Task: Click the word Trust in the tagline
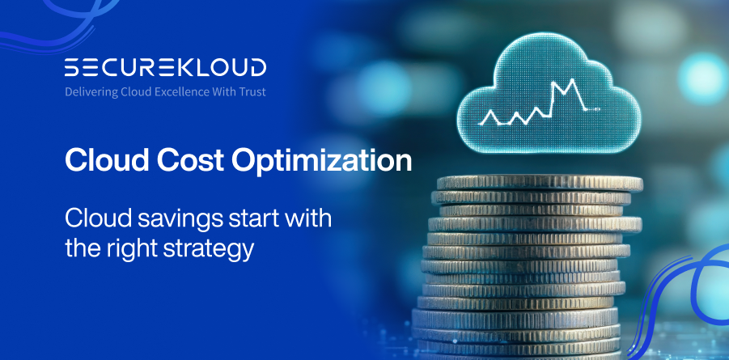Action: point(251,91)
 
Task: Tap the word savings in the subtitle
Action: point(158,219)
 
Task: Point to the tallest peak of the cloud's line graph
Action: point(574,82)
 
